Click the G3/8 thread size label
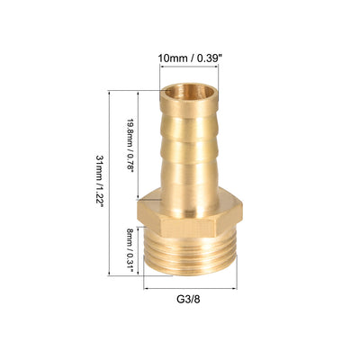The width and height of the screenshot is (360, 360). pyautogui.click(x=188, y=299)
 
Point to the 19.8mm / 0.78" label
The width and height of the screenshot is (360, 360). pyautogui.click(x=130, y=145)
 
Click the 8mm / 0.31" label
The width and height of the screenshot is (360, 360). pyautogui.click(x=130, y=250)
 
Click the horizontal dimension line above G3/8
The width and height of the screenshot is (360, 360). pyautogui.click(x=191, y=289)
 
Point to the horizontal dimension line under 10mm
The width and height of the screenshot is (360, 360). pyautogui.click(x=189, y=67)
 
